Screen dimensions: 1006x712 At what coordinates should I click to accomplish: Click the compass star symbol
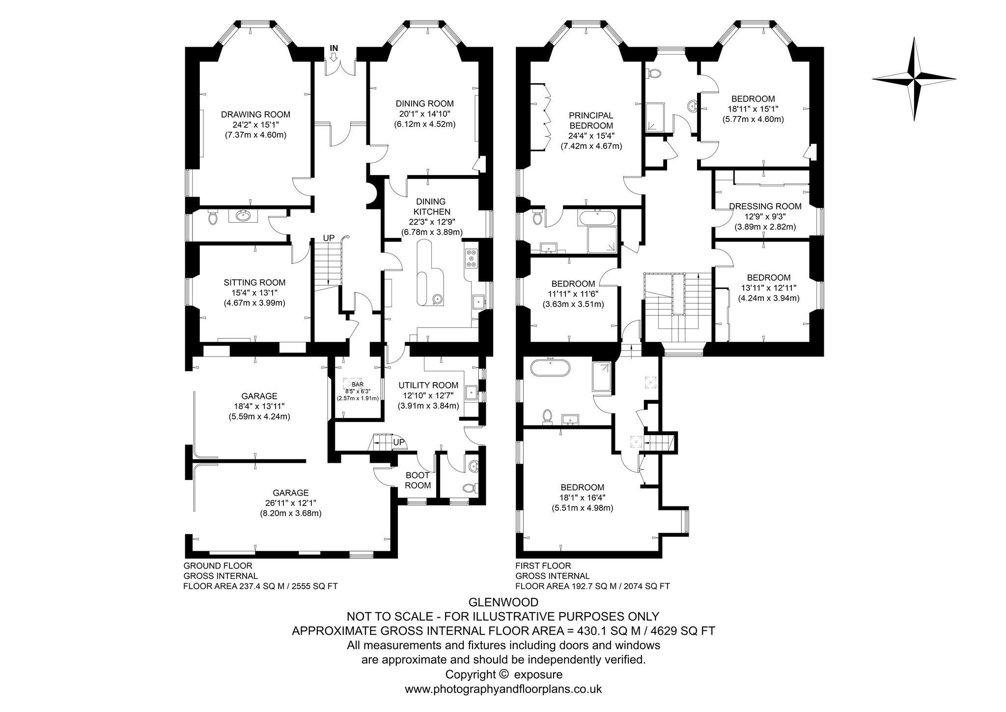[914, 79]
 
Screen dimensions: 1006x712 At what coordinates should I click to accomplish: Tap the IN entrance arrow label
[334, 48]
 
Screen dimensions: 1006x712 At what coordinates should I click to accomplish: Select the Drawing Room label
[255, 115]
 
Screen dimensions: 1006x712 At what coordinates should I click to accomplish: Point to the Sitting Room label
[254, 283]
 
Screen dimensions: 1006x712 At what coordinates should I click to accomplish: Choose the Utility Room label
[428, 386]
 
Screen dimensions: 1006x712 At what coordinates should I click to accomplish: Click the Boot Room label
[418, 480]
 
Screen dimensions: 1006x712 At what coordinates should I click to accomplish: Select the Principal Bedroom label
[591, 120]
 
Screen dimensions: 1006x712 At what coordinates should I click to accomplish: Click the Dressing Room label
[765, 207]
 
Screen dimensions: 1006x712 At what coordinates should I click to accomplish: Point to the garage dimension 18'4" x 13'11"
[259, 406]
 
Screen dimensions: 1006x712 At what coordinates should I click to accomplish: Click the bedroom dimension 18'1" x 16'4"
[582, 498]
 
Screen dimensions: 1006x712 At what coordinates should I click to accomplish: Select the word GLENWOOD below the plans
[503, 602]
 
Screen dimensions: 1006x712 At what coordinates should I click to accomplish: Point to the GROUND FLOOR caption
[218, 566]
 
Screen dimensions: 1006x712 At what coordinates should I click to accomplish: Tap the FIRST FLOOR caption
[543, 566]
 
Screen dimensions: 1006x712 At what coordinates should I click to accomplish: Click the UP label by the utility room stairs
[399, 443]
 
